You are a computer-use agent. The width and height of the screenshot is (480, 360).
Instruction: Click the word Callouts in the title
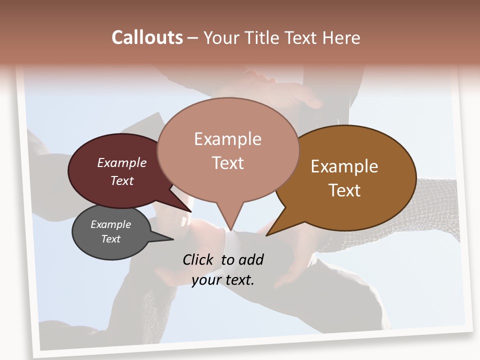click(147, 37)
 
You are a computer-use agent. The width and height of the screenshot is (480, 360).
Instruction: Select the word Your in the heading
click(223, 37)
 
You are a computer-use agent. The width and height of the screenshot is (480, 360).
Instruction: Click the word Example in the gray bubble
click(110, 224)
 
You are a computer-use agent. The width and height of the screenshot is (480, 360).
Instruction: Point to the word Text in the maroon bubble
click(122, 180)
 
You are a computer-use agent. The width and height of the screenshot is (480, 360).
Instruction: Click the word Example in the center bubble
click(227, 139)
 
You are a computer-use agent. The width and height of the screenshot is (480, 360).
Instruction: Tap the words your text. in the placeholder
click(222, 280)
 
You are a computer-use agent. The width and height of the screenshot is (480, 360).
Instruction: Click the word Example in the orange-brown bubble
click(344, 166)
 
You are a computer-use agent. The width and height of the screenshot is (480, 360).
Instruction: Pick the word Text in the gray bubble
click(110, 239)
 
